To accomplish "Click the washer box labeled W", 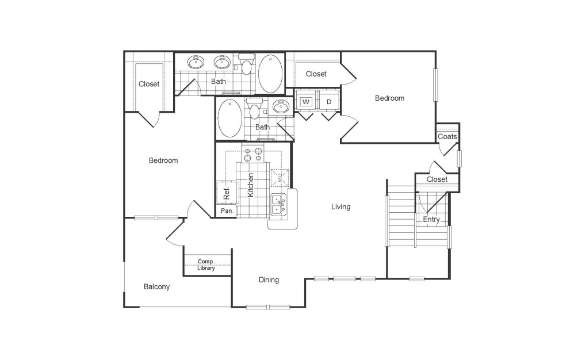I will tap(306, 102).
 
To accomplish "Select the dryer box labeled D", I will tap(329, 102).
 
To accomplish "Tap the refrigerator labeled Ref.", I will tap(227, 194).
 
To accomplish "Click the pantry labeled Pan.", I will tap(227, 211).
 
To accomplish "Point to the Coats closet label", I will tap(447, 137).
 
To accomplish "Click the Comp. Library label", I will tap(206, 265).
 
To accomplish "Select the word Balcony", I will tap(156, 286).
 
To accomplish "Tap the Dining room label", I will tap(269, 280).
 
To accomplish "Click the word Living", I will tap(340, 207).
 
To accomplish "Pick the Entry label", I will tap(431, 220).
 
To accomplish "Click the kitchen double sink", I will tap(278, 205).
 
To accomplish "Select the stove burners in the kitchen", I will tap(252, 154).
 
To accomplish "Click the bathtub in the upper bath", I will tap(270, 74).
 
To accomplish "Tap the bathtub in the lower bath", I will tap(229, 117).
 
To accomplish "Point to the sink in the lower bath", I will tap(281, 106).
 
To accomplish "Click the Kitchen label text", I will tap(251, 185).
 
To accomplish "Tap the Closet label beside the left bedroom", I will tap(149, 84).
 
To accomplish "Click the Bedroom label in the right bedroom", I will tap(389, 98).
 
